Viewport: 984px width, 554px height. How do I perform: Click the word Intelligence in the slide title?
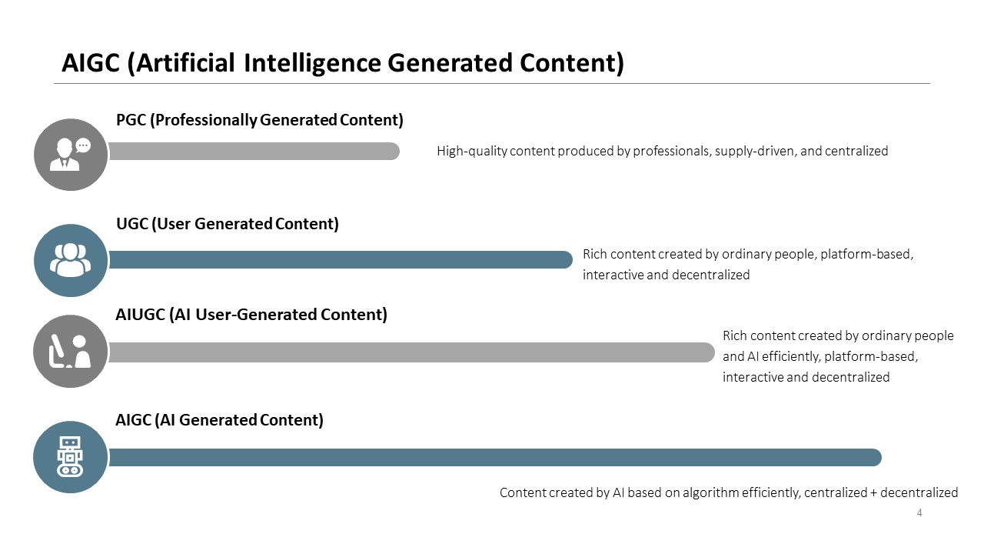(311, 62)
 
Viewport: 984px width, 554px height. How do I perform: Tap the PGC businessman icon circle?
(71, 155)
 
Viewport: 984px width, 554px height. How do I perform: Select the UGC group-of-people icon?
(71, 260)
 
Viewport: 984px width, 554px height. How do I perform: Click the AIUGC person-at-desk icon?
(70, 352)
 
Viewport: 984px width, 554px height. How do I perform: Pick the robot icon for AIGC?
(70, 456)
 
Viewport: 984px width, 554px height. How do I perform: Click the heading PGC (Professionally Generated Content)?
(260, 120)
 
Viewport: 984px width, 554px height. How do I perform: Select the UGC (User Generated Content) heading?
(228, 224)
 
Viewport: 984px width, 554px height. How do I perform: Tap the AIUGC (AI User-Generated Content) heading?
(251, 315)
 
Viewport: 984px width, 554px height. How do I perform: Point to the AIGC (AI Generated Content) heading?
(219, 420)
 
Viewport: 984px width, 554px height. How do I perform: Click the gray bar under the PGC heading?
(254, 152)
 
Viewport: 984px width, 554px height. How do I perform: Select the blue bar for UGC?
(341, 260)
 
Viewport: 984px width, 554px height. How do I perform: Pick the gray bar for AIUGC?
(411, 352)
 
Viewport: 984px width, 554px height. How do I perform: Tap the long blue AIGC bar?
(495, 458)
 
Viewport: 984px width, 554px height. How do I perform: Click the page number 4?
(919, 512)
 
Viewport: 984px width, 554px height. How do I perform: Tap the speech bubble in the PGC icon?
(83, 145)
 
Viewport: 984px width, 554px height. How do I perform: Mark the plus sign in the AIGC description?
(873, 493)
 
